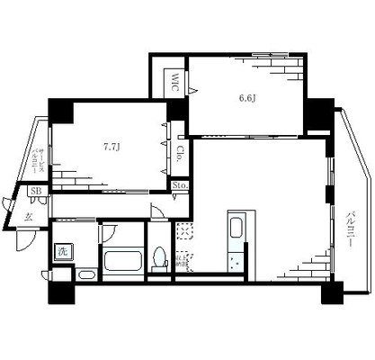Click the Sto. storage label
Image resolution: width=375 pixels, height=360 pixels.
pos(180,186)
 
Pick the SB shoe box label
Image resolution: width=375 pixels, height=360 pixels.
pos(36,192)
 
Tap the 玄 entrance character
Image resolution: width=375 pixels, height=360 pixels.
pos(29,217)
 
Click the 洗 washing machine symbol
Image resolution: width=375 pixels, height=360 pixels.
pos(63,253)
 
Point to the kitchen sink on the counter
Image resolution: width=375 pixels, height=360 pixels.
pos(237,227)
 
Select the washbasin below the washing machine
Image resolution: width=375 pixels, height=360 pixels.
pos(86,274)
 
